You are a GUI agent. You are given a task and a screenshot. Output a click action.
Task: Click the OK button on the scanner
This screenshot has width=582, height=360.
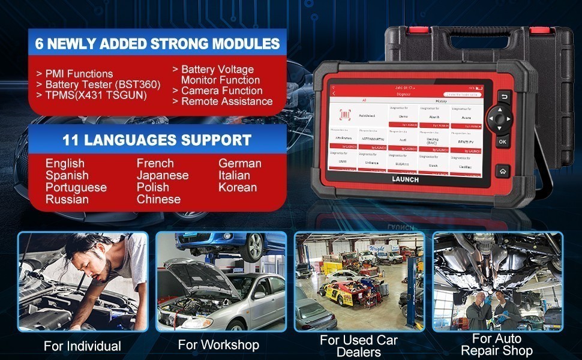click(x=503, y=142)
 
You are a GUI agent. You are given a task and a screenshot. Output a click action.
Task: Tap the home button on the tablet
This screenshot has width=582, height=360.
click(x=502, y=170)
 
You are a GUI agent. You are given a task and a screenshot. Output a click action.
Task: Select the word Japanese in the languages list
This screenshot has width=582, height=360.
click(x=163, y=175)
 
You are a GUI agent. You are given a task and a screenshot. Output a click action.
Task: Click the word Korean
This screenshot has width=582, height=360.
click(x=238, y=187)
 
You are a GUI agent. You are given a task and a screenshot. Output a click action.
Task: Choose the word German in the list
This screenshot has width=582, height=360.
click(x=240, y=163)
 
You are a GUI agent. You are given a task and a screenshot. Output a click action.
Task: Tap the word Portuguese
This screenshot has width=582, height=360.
click(x=76, y=187)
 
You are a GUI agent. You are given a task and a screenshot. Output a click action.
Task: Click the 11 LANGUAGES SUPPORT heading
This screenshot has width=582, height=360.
click(x=157, y=140)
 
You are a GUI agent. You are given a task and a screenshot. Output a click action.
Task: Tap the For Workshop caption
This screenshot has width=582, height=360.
click(x=218, y=344)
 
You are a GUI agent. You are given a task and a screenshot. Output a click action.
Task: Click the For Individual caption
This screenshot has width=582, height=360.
click(x=82, y=346)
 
